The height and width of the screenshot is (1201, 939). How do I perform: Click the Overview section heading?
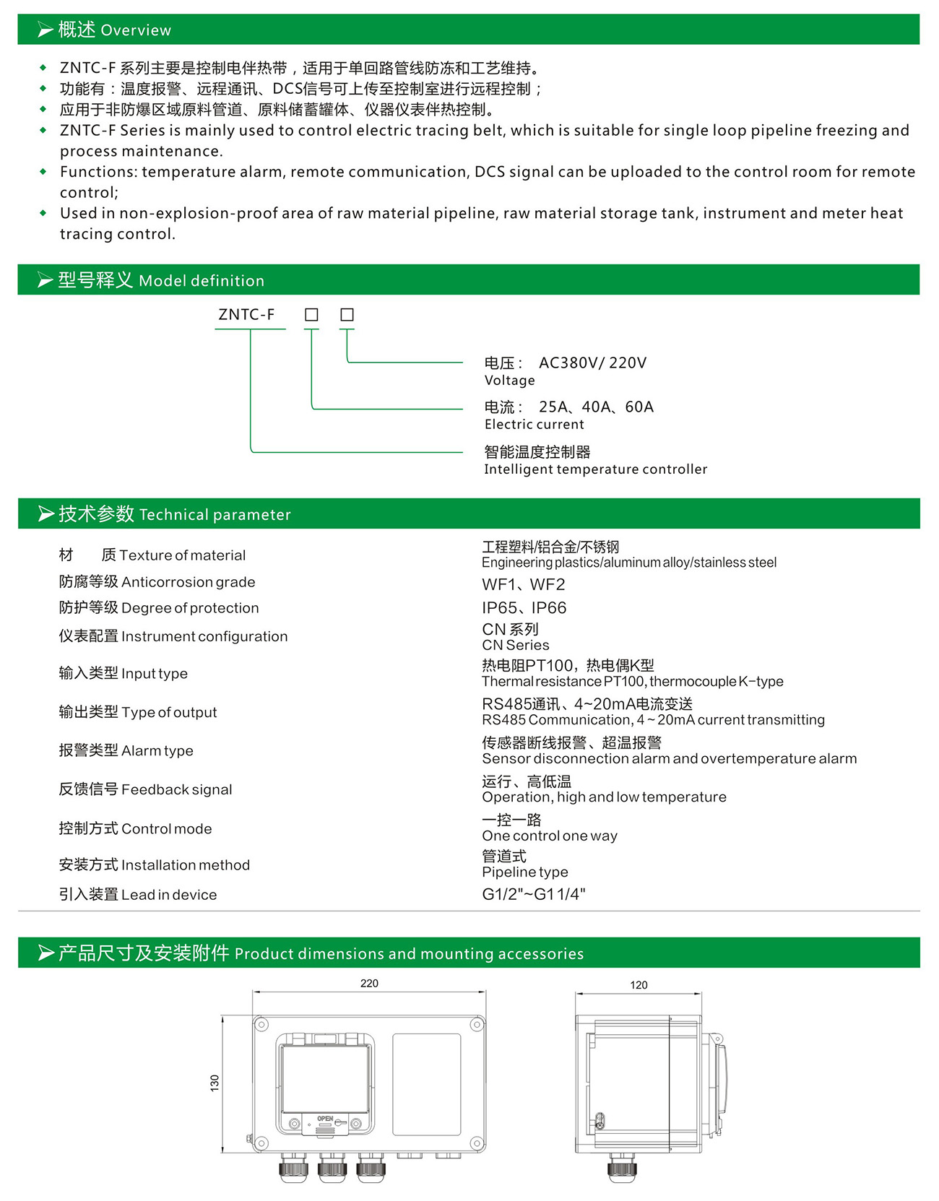[x=114, y=30]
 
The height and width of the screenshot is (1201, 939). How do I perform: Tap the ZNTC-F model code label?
[x=246, y=315]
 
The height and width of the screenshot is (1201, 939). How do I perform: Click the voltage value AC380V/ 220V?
[x=592, y=363]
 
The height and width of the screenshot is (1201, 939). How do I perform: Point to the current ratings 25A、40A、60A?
[x=596, y=407]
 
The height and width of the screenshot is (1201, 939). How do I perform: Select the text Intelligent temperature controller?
[x=595, y=469]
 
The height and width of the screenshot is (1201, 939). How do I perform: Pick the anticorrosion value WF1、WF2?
[x=523, y=584]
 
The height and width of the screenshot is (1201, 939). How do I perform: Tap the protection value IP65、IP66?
[x=524, y=608]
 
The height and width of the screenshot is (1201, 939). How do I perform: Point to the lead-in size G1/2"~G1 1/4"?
[x=533, y=894]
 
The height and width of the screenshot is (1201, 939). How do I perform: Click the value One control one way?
[x=549, y=836]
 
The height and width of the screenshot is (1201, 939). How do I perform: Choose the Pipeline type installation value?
[x=524, y=872]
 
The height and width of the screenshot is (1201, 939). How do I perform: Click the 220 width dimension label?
[x=369, y=984]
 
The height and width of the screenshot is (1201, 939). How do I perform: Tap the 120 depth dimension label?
[x=639, y=985]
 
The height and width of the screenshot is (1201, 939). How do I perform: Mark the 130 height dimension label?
[x=215, y=1083]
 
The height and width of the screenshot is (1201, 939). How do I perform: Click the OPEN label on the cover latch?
[x=325, y=1119]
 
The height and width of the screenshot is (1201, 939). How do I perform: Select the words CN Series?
[x=515, y=646]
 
